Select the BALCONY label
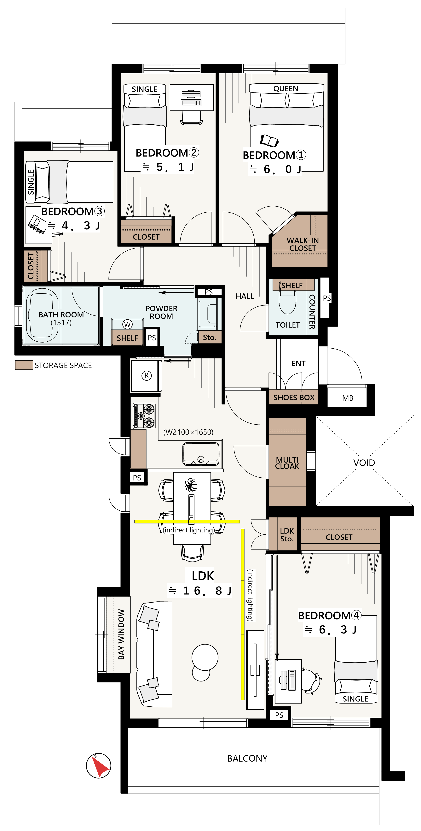[247, 758]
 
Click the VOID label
[364, 463]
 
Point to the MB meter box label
[348, 398]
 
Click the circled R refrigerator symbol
[147, 375]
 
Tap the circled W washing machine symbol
[128, 324]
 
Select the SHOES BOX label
[294, 398]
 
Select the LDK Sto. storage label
[287, 534]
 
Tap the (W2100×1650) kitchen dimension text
[188, 432]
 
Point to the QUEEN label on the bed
[286, 88]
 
